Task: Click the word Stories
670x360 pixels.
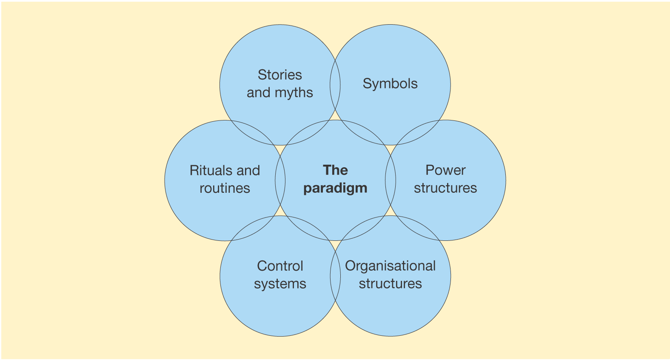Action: pyautogui.click(x=279, y=75)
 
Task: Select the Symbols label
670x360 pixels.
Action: pyautogui.click(x=390, y=83)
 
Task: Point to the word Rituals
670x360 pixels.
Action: pyautogui.click(x=211, y=171)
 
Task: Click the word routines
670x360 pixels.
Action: pyautogui.click(x=225, y=189)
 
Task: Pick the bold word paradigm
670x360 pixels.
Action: pyautogui.click(x=335, y=188)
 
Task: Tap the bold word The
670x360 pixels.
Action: pyautogui.click(x=335, y=170)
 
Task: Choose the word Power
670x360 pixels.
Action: pyautogui.click(x=445, y=170)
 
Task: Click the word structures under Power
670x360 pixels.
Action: pyautogui.click(x=445, y=188)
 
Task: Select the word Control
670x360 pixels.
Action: pyautogui.click(x=280, y=266)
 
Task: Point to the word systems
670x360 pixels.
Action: pyautogui.click(x=280, y=284)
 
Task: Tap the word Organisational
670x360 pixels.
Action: pyautogui.click(x=390, y=266)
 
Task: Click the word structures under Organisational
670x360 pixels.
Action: pyautogui.click(x=390, y=284)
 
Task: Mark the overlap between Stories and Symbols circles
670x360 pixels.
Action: pyautogui.click(x=335, y=85)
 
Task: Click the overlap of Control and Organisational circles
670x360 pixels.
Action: pyautogui.click(x=335, y=276)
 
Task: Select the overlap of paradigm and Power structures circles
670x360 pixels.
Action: pyautogui.click(x=391, y=180)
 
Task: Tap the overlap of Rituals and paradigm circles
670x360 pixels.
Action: pyautogui.click(x=280, y=180)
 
